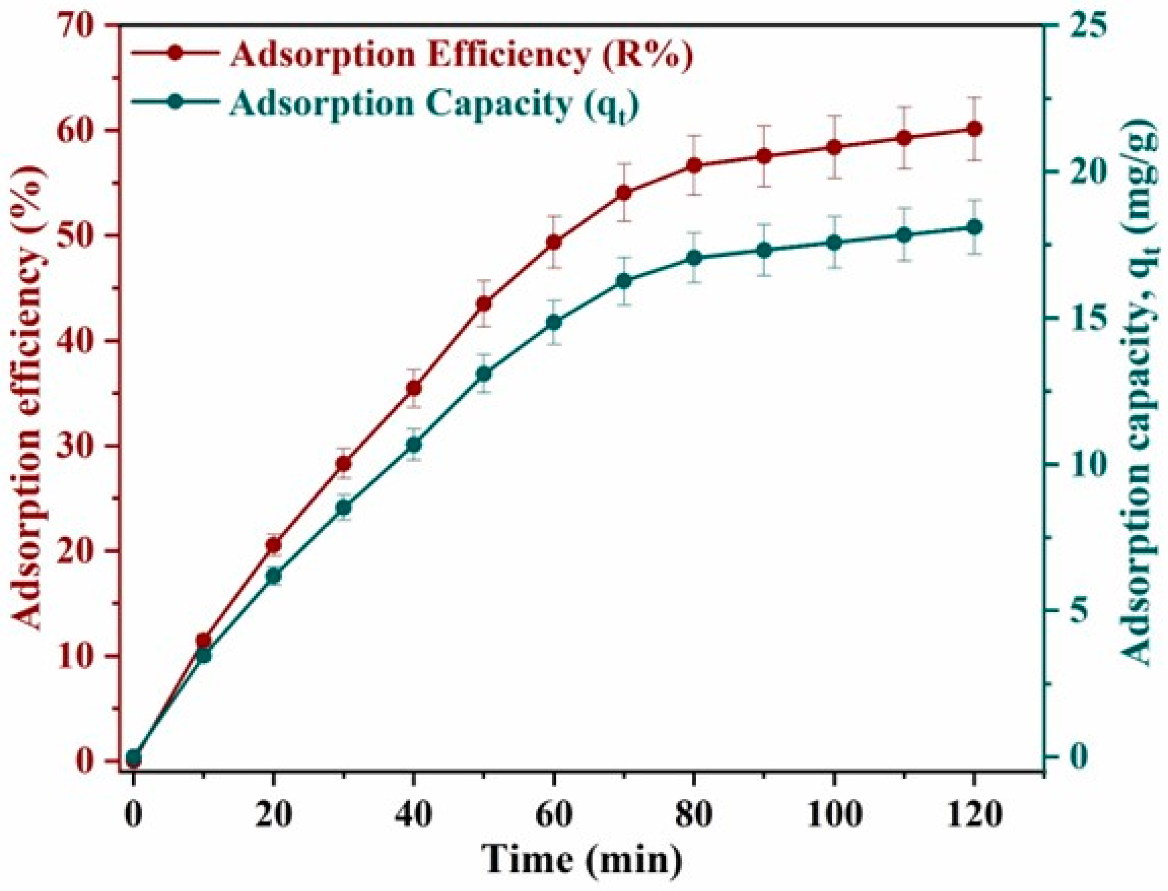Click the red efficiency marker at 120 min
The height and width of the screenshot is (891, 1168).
[x=974, y=129]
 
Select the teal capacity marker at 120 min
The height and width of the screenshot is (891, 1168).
[x=974, y=227]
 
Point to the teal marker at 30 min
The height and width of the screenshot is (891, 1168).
[x=344, y=508]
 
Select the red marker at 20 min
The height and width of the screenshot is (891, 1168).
[x=274, y=545]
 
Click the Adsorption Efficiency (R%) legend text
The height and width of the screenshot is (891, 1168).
[x=461, y=55]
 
